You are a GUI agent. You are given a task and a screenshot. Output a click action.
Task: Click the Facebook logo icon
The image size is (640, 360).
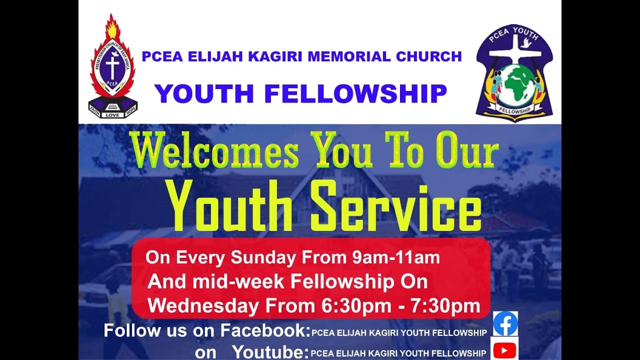click(505, 323)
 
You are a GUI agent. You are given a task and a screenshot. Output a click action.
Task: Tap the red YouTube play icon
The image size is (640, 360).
click(504, 350)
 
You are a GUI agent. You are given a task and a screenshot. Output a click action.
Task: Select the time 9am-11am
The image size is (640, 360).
click(392, 258)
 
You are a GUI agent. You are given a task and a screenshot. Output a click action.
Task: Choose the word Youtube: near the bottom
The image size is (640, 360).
click(270, 352)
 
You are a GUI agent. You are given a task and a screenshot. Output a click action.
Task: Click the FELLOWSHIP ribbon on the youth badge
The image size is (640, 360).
click(514, 110)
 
